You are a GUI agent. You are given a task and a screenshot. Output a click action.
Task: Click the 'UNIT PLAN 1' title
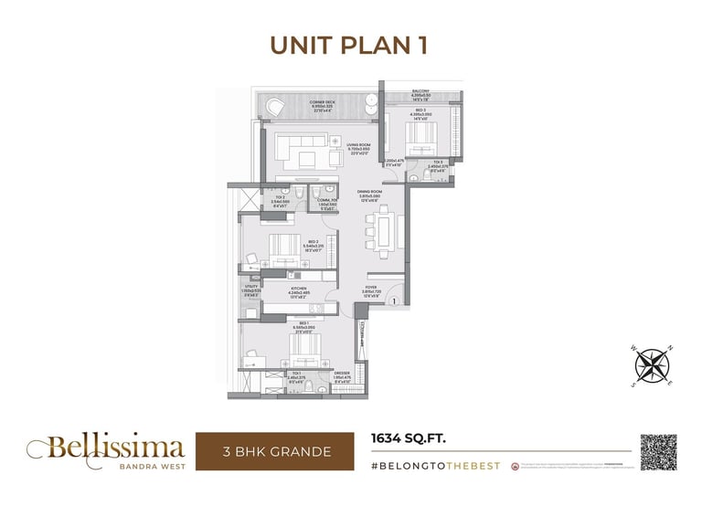351,45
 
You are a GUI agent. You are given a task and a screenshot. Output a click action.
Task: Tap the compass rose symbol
652,364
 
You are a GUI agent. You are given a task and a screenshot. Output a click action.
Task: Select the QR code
660,454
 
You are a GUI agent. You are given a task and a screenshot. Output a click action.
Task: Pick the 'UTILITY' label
250,287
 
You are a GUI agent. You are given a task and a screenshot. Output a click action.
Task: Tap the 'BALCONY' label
420,91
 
